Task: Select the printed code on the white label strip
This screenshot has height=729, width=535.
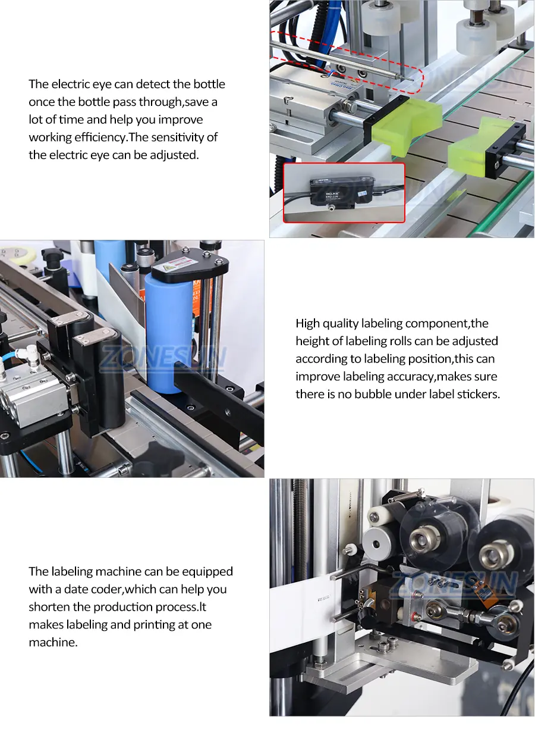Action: (324, 599)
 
